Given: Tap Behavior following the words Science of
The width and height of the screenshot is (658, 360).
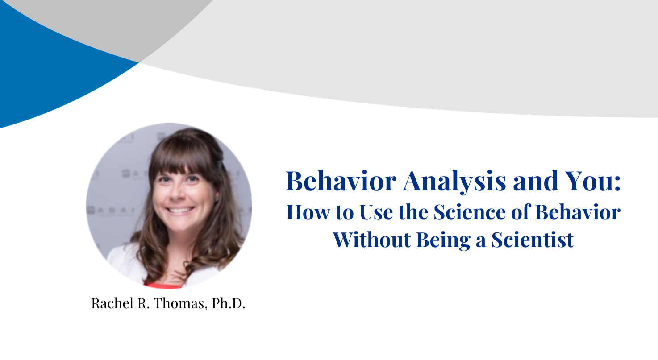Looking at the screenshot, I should point(578,212).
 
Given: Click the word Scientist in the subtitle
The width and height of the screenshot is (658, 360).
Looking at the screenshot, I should point(532,240).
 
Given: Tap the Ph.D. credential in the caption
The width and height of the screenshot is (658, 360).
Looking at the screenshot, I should point(229,304).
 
